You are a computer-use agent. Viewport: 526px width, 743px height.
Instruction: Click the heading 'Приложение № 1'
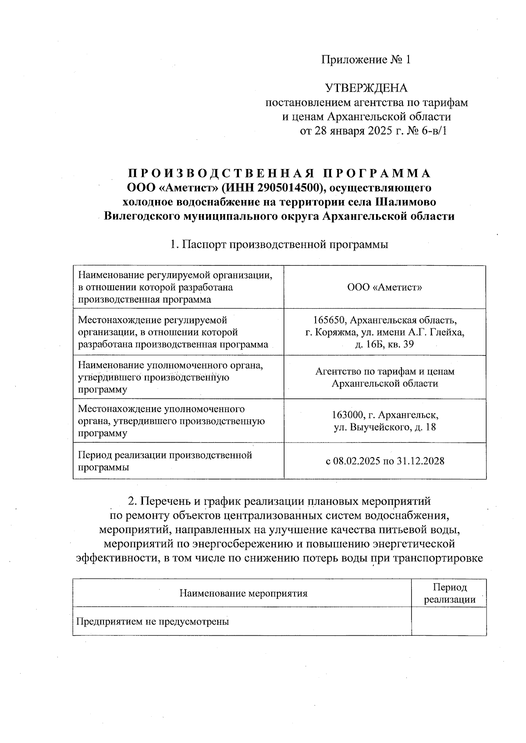[x=366, y=60]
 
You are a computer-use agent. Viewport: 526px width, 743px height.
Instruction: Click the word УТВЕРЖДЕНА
[x=366, y=88]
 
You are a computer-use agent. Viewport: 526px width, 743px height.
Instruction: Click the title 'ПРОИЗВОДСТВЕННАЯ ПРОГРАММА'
[x=279, y=173]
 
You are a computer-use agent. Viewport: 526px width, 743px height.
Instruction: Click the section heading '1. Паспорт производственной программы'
[x=279, y=244]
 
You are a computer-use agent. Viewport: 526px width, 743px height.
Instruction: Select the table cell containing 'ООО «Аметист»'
[x=384, y=287]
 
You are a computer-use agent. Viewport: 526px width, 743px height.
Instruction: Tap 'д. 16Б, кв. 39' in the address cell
[x=384, y=345]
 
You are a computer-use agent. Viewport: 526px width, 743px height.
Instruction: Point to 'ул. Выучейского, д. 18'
[x=384, y=427]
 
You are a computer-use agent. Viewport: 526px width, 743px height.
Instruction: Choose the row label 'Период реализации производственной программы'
[x=165, y=461]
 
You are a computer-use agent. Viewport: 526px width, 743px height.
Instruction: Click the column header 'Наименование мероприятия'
[x=243, y=593]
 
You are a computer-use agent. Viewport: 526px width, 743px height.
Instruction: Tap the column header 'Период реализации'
[x=449, y=593]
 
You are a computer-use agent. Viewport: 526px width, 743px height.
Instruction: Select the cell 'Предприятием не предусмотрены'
[x=153, y=621]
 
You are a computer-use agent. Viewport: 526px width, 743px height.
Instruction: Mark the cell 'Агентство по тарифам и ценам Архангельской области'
[x=384, y=377]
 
